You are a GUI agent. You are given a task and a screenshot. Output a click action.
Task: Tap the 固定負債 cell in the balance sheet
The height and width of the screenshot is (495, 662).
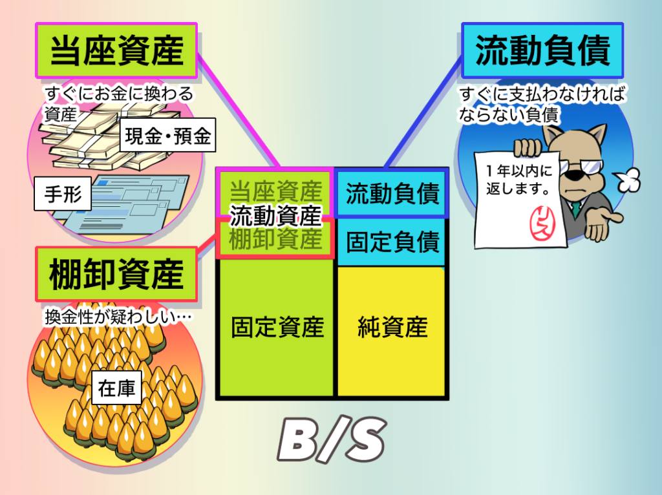coord(392,242)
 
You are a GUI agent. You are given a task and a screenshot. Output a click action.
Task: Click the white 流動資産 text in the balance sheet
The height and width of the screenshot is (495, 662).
coord(276,215)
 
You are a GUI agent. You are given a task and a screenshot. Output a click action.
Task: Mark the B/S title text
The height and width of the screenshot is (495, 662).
coord(332,440)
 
